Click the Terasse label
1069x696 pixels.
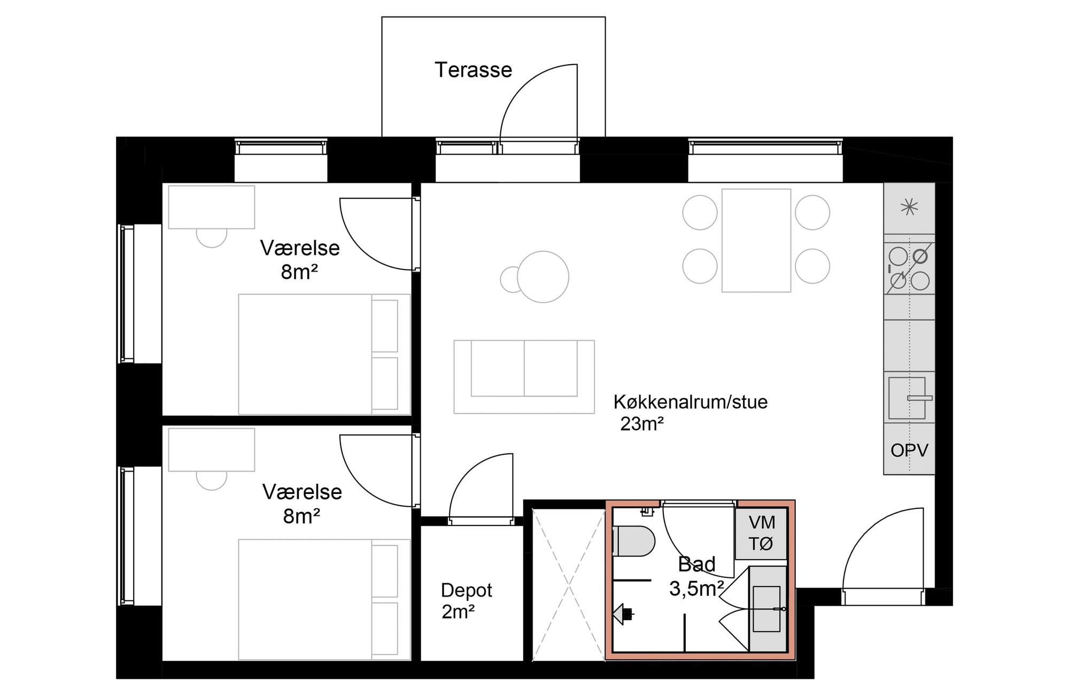(x=473, y=70)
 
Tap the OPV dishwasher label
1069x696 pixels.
(x=909, y=450)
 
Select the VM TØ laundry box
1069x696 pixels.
(x=761, y=533)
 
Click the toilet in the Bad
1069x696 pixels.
(x=634, y=541)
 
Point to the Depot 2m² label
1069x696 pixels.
(x=466, y=601)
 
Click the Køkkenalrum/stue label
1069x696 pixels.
(x=690, y=402)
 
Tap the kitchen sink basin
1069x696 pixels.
(x=907, y=398)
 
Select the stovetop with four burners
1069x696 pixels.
(x=909, y=268)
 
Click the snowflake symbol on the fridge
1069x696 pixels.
(x=909, y=207)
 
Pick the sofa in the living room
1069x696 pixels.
(x=524, y=377)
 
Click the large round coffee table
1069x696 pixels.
(x=543, y=277)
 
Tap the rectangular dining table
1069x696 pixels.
(x=756, y=241)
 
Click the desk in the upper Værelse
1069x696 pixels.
(x=212, y=207)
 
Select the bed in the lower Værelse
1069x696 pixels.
(x=324, y=600)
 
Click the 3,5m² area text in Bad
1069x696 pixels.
(x=696, y=589)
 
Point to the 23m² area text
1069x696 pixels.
(x=642, y=424)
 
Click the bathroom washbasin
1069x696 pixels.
(x=766, y=609)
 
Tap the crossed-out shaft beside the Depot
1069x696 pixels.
(x=569, y=585)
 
